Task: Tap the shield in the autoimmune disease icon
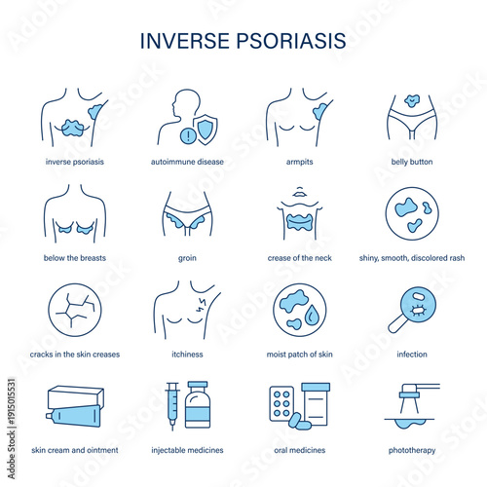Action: click(x=206, y=129)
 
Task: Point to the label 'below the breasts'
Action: click(x=75, y=258)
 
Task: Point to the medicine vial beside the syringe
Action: click(x=198, y=405)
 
